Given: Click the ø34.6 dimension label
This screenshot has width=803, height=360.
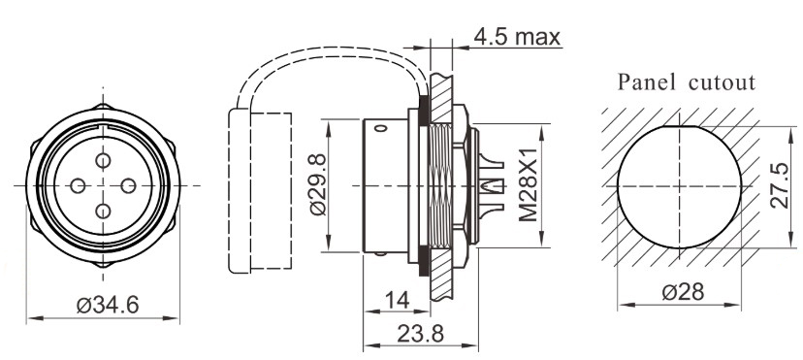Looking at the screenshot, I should [x=108, y=304].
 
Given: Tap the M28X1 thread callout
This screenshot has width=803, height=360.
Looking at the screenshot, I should [x=529, y=185].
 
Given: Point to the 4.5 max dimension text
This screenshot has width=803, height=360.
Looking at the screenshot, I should [x=517, y=37].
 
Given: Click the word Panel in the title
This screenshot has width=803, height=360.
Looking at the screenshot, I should [x=646, y=82].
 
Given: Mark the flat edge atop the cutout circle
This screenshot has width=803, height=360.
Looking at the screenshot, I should [x=685, y=126].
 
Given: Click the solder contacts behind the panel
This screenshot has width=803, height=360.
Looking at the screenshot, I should [x=491, y=184].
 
